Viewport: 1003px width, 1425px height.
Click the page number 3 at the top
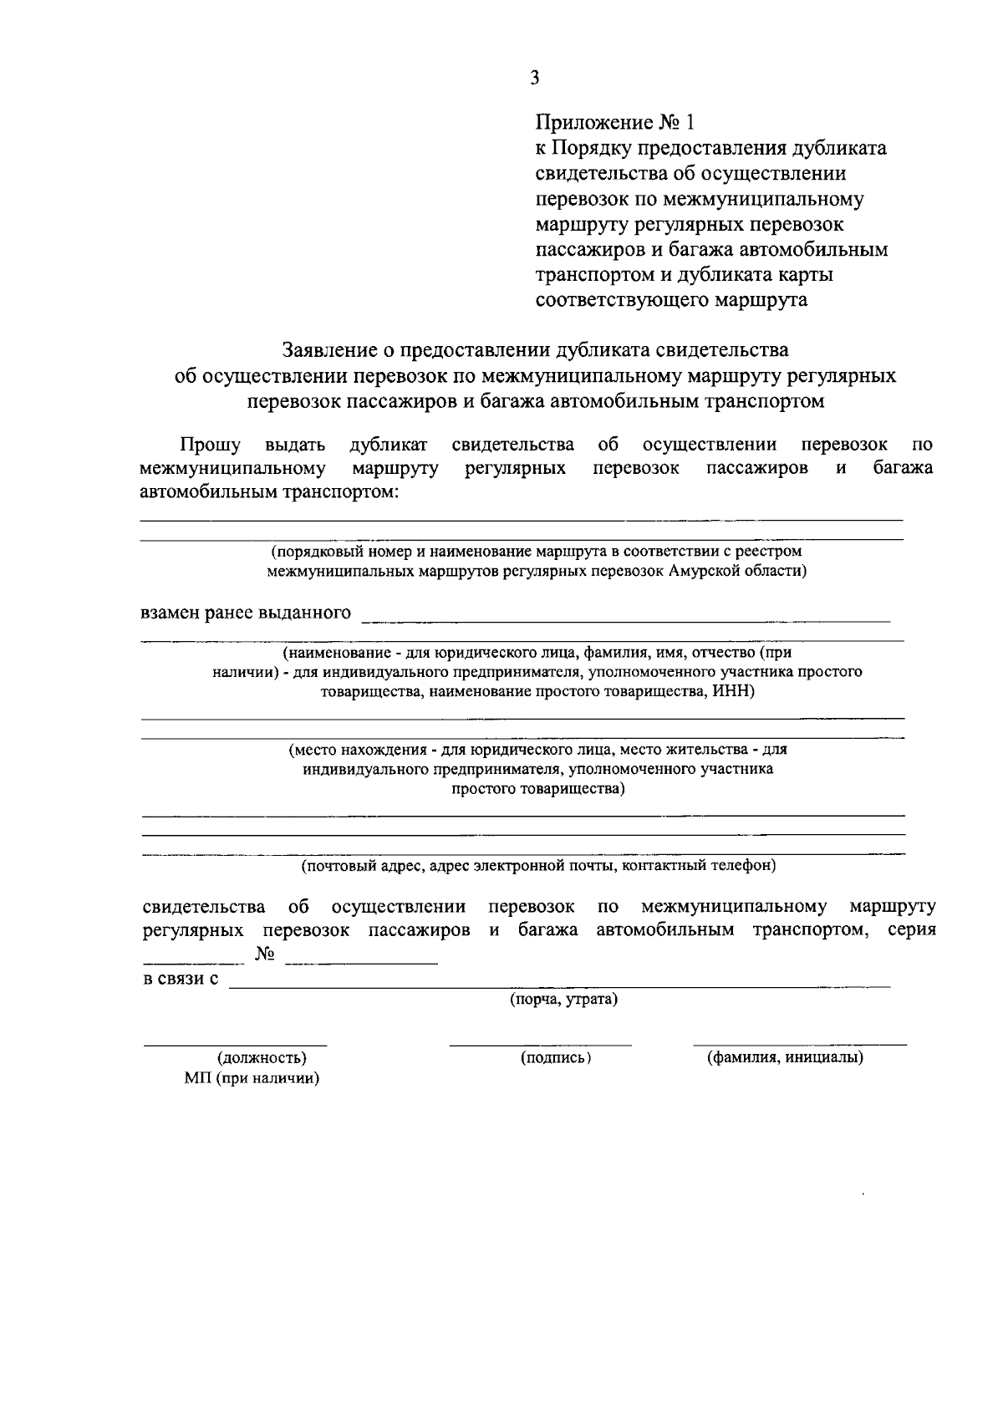[534, 78]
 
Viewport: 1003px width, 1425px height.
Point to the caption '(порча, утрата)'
[564, 1000]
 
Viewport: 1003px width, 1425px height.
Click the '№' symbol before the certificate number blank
[265, 954]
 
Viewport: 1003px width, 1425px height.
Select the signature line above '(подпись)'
[540, 1044]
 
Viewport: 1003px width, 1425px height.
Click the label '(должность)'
[262, 1058]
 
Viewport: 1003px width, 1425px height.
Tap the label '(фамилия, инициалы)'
[786, 1058]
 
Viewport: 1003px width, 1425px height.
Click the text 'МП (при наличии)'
[252, 1079]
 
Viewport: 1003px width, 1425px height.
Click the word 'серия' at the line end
[911, 930]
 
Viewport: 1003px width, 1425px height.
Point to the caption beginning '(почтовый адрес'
[538, 866]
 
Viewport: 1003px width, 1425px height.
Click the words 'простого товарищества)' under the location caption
[538, 788]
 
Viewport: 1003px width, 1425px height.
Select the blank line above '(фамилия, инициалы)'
[799, 1044]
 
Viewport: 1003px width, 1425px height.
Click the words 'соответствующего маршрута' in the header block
[671, 300]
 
